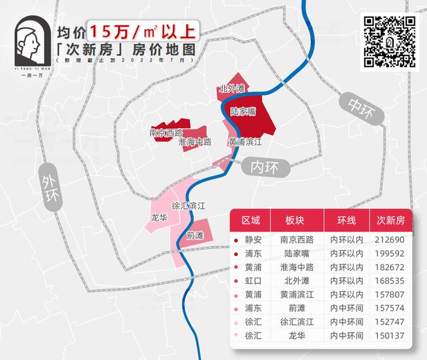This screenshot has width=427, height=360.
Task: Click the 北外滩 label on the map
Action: click(x=232, y=89)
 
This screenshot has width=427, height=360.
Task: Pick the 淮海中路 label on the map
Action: click(x=195, y=142)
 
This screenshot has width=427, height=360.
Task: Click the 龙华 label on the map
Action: click(x=159, y=217)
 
